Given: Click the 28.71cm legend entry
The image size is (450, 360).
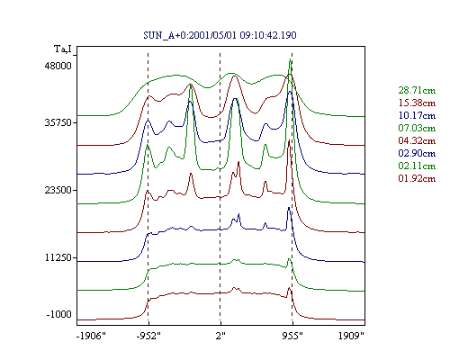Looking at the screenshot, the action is coord(417,90).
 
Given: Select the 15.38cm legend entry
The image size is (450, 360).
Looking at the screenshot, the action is coord(417,103).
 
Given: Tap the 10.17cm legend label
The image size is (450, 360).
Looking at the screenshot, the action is coord(417,115).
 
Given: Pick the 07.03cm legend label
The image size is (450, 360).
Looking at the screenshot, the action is coord(417,128).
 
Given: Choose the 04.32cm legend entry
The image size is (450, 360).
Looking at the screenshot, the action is coord(417,140).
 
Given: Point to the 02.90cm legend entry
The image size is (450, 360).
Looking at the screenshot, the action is coord(417,153).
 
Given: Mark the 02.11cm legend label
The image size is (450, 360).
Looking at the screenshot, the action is coord(417,166).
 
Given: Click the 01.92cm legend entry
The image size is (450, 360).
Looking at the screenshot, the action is coord(417,178).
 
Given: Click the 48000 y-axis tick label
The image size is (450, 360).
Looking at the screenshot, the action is coord(58,66).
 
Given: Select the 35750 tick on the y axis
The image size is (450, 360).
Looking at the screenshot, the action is coord(58,123).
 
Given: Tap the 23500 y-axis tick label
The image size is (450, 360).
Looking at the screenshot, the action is coord(58,190).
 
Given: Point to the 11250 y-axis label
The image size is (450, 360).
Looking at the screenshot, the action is coord(58,257).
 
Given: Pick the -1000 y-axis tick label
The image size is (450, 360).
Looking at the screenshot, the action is coord(59,314).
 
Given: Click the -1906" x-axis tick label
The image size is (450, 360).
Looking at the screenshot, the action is coord(91,336).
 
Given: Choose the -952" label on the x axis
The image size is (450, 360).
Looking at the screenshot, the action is coord(148,336).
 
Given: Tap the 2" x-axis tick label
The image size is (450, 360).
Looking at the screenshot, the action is coord(220,336).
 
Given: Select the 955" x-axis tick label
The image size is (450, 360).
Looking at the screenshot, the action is coord(292,336).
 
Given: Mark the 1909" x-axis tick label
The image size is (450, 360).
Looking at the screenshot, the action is coord(351,336).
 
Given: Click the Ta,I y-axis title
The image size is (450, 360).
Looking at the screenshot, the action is coord(63,49).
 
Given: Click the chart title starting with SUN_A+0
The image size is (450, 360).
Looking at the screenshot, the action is coord(220,35).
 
